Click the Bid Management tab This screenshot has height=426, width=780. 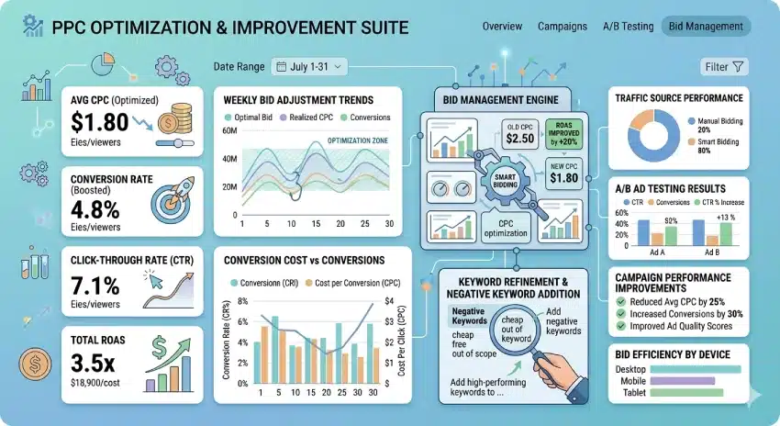coord(706,27)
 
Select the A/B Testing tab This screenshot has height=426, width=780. coord(628,27)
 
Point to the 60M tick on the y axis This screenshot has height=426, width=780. coord(229,133)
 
